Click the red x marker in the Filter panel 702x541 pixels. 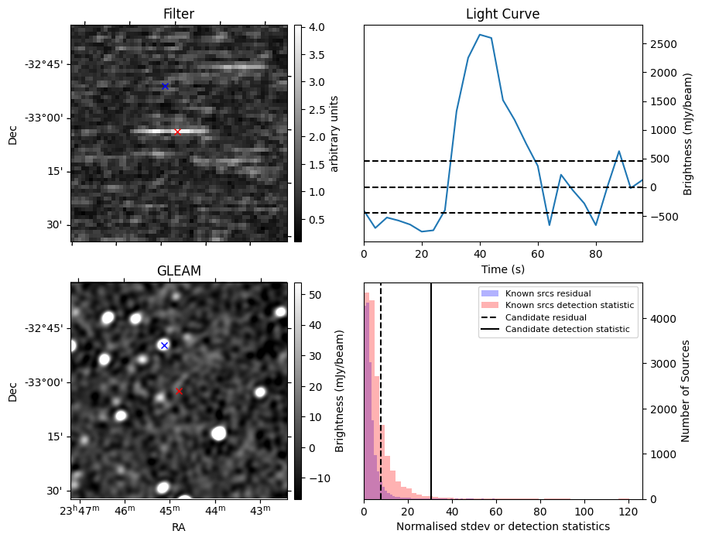[x=177, y=132]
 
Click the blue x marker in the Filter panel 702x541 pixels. [x=165, y=86]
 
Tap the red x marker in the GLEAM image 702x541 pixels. [x=179, y=392]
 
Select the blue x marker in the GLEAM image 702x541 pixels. [x=164, y=345]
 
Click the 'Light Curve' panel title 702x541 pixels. [x=502, y=14]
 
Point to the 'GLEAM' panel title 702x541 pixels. [x=179, y=271]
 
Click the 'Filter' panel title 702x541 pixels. [x=179, y=14]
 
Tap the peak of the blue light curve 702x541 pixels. [x=480, y=35]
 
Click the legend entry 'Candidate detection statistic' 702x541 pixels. [x=567, y=330]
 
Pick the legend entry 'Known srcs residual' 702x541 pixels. [x=547, y=293]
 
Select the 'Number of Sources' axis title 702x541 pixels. [x=686, y=391]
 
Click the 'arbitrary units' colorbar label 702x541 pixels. [x=335, y=133]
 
